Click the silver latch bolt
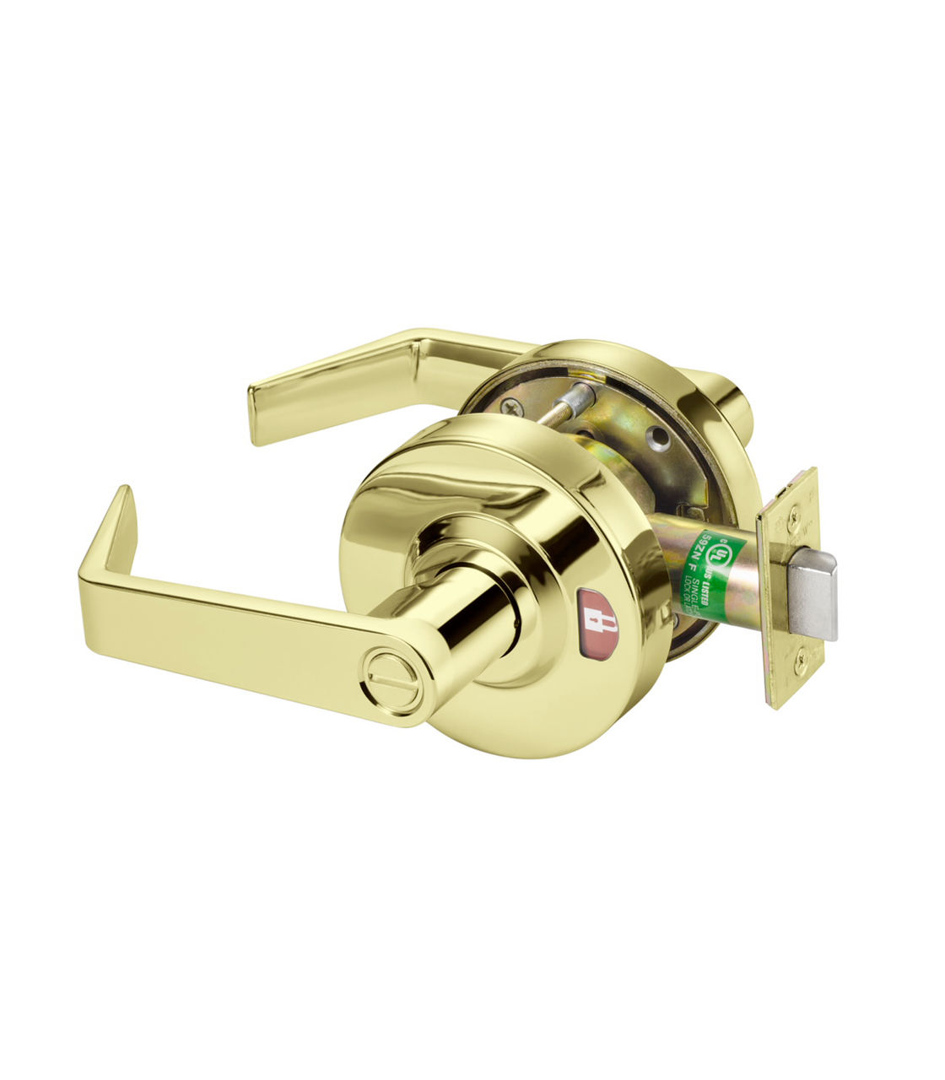point(812,595)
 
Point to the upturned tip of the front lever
point(122,506)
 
